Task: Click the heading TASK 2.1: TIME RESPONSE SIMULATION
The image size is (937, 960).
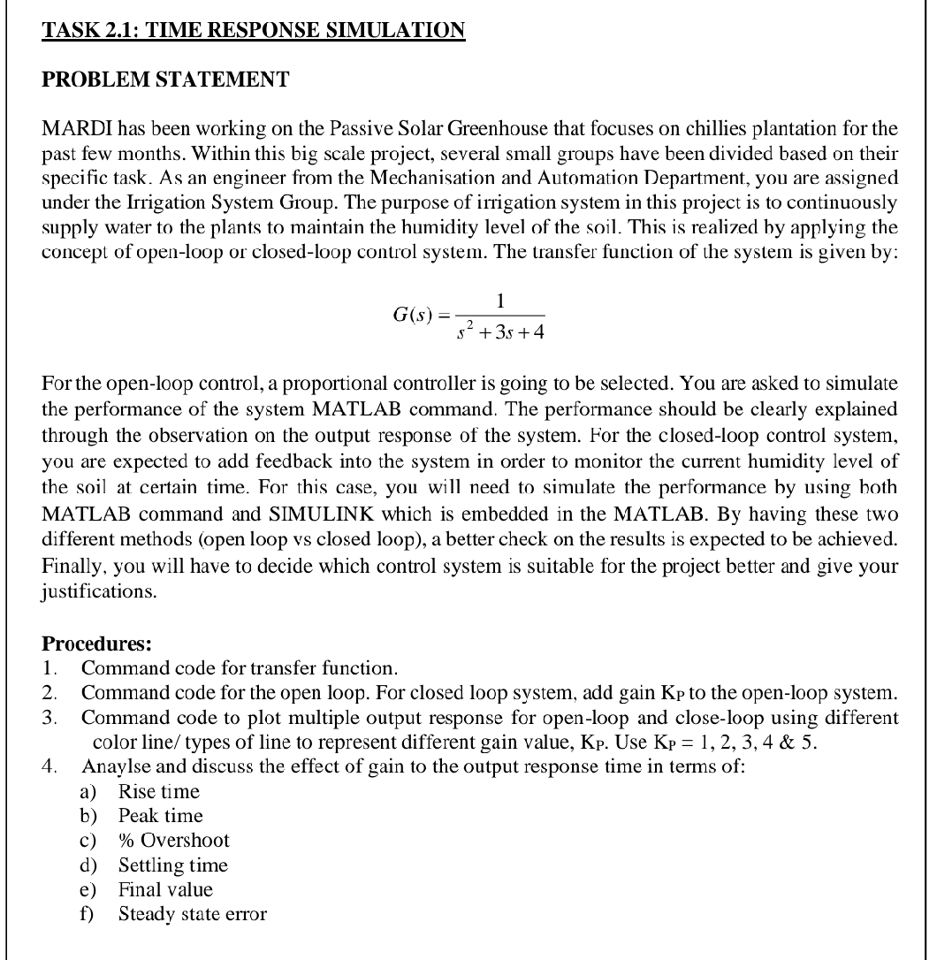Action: pyautogui.click(x=254, y=30)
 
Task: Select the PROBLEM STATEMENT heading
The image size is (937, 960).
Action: pyautogui.click(x=165, y=80)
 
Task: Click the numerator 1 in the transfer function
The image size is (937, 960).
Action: pyautogui.click(x=500, y=301)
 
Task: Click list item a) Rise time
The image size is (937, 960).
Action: pyautogui.click(x=159, y=791)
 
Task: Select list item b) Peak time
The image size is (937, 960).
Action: pyautogui.click(x=161, y=816)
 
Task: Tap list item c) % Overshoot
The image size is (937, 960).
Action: pyautogui.click(x=173, y=841)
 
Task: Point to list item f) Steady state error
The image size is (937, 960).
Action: pyautogui.click(x=192, y=915)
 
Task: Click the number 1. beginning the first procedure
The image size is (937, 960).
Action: pyautogui.click(x=50, y=667)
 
